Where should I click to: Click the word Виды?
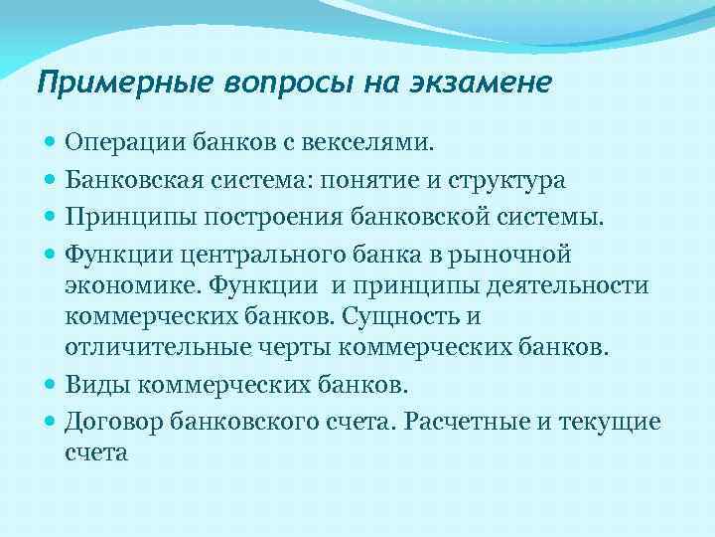(93, 385)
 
